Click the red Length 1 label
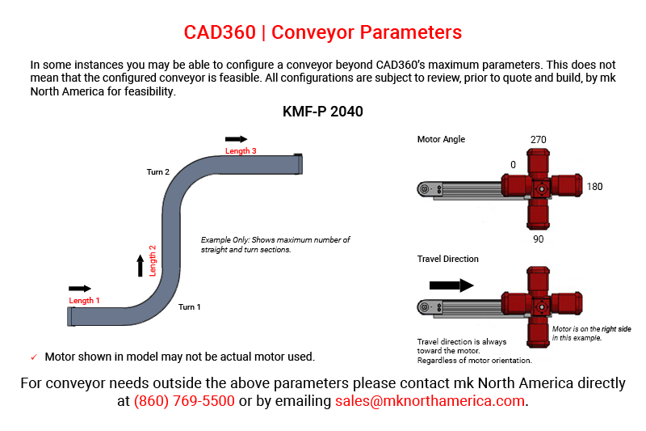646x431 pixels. point(84,300)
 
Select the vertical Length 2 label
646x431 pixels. point(153,260)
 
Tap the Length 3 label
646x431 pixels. point(241,151)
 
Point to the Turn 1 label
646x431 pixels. point(190,306)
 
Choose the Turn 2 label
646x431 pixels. point(158,172)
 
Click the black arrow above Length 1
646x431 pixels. point(80,289)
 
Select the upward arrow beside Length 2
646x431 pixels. point(140,265)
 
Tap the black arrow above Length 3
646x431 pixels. point(236,139)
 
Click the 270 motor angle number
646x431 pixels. point(538,140)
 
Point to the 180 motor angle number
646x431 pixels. point(594,187)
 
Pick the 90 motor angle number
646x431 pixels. point(538,239)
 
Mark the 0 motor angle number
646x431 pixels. point(513,165)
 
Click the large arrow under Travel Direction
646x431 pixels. point(451,285)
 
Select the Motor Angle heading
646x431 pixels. point(441,139)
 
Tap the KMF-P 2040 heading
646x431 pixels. point(322,112)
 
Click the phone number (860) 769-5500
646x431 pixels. point(184,401)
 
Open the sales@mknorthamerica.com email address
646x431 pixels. point(430,401)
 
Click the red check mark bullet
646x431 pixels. point(34,357)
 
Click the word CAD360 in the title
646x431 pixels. point(220,32)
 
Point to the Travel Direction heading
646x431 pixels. point(448,259)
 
